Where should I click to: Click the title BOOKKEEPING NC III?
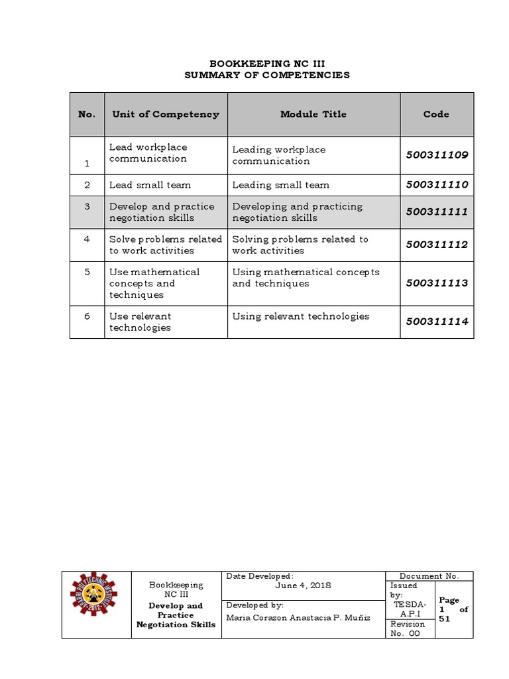click(267, 64)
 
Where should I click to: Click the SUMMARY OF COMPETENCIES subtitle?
click(267, 75)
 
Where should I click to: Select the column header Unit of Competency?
click(165, 114)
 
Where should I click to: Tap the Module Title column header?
click(313, 114)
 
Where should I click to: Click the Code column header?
click(436, 114)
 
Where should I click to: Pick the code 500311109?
click(437, 154)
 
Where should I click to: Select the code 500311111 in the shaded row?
click(437, 212)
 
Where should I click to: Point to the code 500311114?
click(437, 322)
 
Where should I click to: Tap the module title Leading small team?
click(280, 185)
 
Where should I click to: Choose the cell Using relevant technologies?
click(300, 316)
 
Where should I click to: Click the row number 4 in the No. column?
click(87, 239)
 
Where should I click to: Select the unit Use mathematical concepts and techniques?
click(154, 283)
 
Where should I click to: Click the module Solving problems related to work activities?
click(300, 245)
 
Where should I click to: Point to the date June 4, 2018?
click(303, 586)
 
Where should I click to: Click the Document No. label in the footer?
click(429, 576)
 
